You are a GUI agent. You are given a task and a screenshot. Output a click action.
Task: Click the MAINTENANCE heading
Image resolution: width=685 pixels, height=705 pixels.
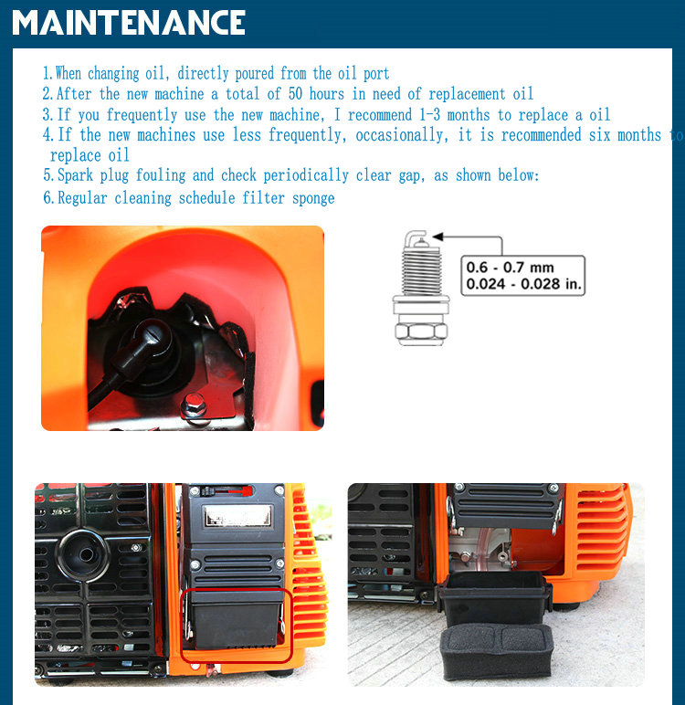pos(129,23)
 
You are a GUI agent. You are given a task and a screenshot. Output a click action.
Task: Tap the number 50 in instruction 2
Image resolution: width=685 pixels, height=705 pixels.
pos(295,93)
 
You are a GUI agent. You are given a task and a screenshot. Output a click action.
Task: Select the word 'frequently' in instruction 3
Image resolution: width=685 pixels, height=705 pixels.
pos(142,115)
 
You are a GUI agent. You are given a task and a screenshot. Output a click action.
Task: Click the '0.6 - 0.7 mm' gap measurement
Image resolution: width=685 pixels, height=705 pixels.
pos(510,268)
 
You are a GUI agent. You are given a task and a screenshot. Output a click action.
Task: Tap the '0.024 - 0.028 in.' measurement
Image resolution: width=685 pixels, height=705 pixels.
pos(524,284)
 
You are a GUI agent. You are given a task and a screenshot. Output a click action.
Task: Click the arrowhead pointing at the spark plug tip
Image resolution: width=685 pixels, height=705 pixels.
pos(437,237)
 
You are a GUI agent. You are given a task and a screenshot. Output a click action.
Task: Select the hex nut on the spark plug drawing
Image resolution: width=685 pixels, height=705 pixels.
pos(421,332)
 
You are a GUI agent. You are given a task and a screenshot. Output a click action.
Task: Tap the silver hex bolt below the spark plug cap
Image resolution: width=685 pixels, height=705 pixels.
pos(194,405)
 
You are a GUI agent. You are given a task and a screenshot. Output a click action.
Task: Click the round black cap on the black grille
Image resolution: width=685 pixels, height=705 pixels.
pos(83,555)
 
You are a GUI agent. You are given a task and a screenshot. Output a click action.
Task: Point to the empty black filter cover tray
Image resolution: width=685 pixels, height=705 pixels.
pos(495,596)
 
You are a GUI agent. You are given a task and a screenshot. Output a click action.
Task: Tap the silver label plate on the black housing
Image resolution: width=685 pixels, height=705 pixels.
pos(238,515)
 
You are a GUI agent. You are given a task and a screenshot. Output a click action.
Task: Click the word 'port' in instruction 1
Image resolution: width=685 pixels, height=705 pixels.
pos(376,74)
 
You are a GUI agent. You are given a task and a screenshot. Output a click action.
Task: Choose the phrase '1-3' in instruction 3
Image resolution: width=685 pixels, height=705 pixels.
pos(429,115)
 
